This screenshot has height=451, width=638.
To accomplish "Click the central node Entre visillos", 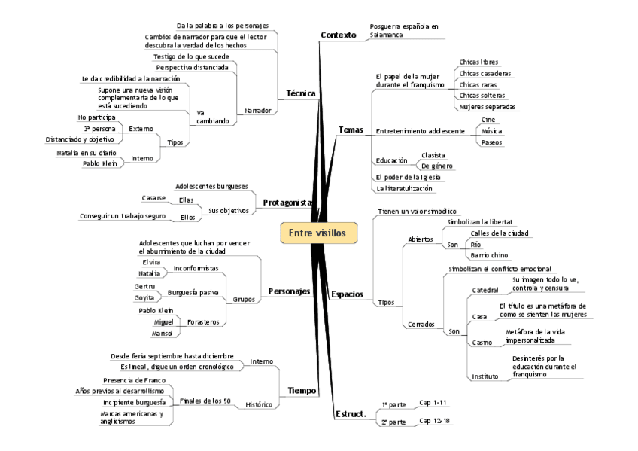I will click(x=317, y=233).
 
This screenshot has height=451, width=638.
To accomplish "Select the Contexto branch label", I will click(x=338, y=35).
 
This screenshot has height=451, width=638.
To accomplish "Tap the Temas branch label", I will click(x=351, y=130).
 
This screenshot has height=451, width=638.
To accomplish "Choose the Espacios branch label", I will click(x=347, y=294).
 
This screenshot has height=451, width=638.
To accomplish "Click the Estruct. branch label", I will click(x=350, y=413).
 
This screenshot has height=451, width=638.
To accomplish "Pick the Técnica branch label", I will click(x=301, y=93).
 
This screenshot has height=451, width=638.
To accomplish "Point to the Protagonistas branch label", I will click(x=287, y=203).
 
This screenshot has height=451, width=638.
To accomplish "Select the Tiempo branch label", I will click(x=302, y=390).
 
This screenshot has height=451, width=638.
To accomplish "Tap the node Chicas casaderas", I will click(x=485, y=73).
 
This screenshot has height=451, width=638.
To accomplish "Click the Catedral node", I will click(x=485, y=290).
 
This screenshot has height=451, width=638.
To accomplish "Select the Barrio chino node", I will click(x=488, y=255).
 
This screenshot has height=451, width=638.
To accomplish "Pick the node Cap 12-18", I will click(x=434, y=420).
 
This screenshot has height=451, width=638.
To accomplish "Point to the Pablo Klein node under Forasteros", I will click(x=156, y=310).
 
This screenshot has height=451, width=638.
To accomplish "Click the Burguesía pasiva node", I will click(x=194, y=291).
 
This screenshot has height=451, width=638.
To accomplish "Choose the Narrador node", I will click(x=257, y=111).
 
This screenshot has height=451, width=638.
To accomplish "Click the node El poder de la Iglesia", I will click(x=408, y=177).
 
